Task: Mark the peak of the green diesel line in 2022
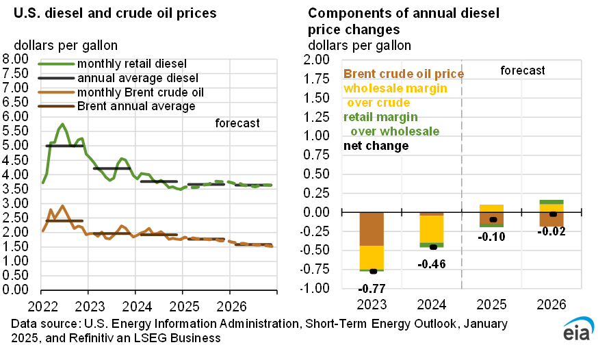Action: tap(63, 125)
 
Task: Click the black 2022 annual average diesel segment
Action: tap(64, 146)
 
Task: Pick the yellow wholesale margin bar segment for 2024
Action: tap(432, 229)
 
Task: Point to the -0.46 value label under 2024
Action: tap(432, 263)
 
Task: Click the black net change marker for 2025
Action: tap(491, 220)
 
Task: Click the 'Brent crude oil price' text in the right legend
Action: tap(404, 74)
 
